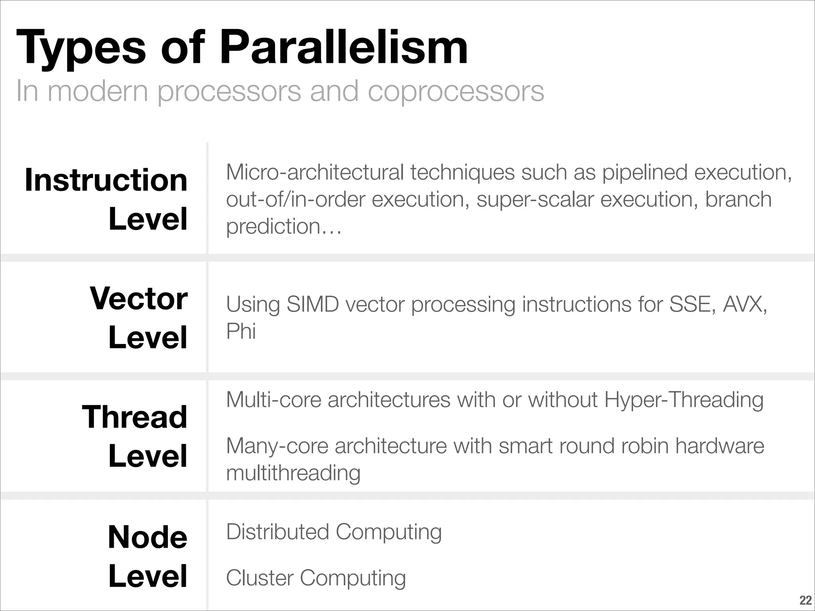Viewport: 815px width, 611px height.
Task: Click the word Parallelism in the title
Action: pos(343,49)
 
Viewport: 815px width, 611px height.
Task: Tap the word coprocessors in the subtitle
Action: pos(456,91)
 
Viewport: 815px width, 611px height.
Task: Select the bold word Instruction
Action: pos(106,180)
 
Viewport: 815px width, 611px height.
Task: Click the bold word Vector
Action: pos(138,298)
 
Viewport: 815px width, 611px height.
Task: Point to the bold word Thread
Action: pos(135,417)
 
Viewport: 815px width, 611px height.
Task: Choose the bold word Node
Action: pos(147,537)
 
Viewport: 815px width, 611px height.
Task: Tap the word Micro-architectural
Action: pos(315,173)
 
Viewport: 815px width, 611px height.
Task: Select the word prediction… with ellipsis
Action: pos(284,227)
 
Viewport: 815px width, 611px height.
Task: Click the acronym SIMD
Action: pos(312,305)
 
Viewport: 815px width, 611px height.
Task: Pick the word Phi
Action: pos(241,331)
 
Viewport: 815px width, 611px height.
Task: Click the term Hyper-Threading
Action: pos(684,400)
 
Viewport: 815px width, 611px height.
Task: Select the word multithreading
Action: pos(293,473)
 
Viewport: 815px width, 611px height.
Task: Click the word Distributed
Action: pos(277,532)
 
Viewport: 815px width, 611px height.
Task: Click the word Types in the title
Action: pos(81,49)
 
